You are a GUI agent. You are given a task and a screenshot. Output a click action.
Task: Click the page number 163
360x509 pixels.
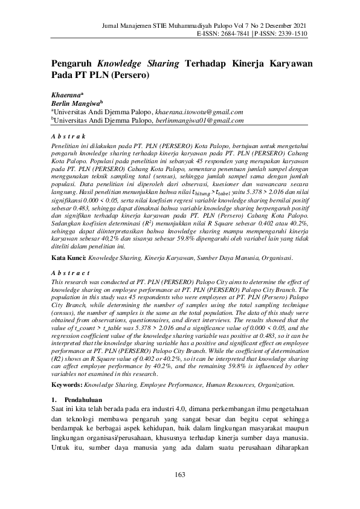179,474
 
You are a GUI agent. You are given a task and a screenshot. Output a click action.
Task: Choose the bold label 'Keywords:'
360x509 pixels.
66,384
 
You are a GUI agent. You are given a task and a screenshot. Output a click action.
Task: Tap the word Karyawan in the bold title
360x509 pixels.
283,63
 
